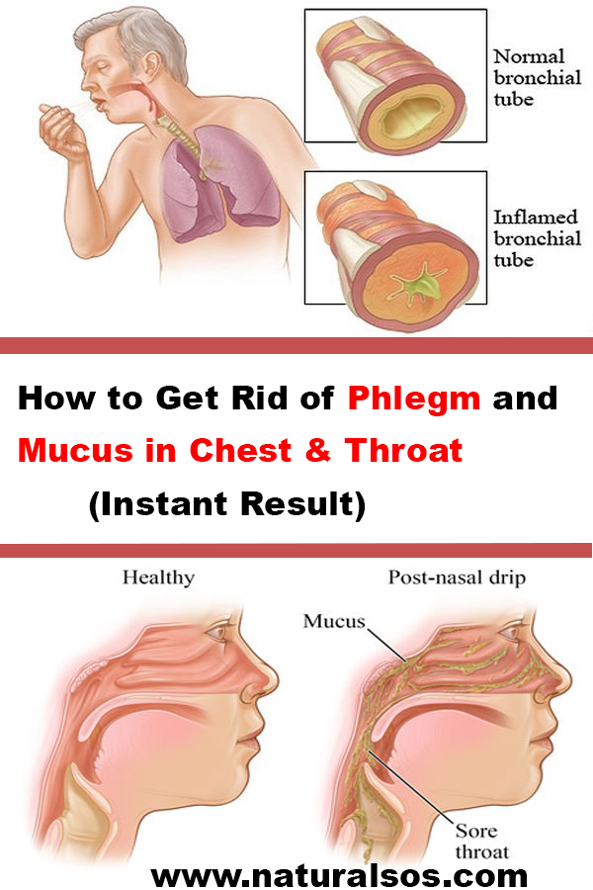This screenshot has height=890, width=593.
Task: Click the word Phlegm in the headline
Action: tap(414, 399)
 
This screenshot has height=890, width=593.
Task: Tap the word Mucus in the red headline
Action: tap(75, 450)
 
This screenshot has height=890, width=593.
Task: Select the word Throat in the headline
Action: tap(403, 450)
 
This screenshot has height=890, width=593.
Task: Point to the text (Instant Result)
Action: tap(227, 503)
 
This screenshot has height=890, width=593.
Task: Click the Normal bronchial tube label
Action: tap(537, 78)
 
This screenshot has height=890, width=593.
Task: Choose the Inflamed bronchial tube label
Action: tap(537, 238)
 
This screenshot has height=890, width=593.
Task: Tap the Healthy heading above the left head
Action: tap(158, 578)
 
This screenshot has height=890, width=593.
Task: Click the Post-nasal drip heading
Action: tap(457, 578)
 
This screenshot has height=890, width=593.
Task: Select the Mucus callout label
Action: tap(334, 621)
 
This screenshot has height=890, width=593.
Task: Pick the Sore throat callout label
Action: tap(481, 842)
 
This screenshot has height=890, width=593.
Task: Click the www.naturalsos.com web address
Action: tap(339, 875)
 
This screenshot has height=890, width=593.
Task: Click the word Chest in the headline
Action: tap(240, 450)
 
